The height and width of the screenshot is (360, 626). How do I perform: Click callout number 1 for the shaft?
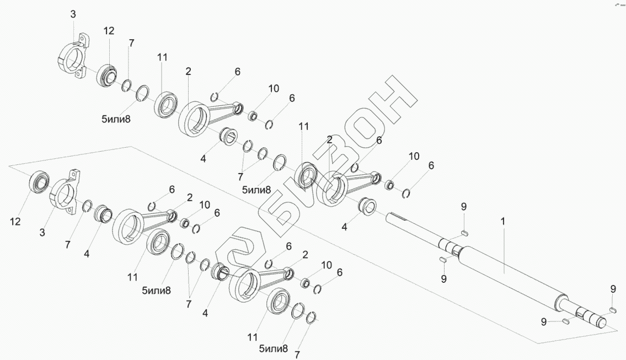coord(502,221)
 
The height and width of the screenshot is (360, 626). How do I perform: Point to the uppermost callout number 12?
coord(109,31)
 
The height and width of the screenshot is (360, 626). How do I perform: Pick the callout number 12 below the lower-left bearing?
coord(15,222)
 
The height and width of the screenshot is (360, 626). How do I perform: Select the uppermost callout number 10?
coord(274,88)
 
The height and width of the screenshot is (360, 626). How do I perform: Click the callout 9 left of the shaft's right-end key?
coord(543,322)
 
